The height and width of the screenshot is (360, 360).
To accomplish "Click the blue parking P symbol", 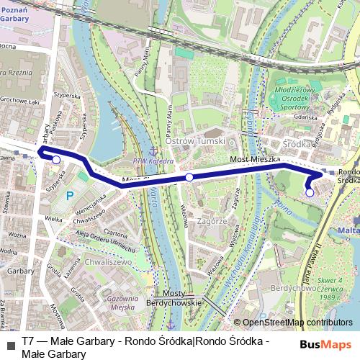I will click(x=70, y=195).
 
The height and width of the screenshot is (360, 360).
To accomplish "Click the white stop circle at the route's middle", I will click(x=189, y=176).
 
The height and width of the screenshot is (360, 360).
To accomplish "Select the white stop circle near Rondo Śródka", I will click(x=309, y=192).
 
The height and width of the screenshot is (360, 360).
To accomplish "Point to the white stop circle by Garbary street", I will click(x=56, y=160).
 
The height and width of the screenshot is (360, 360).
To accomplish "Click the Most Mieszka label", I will click(x=249, y=158).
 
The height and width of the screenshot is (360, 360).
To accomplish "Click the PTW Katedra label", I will click(x=153, y=161).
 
